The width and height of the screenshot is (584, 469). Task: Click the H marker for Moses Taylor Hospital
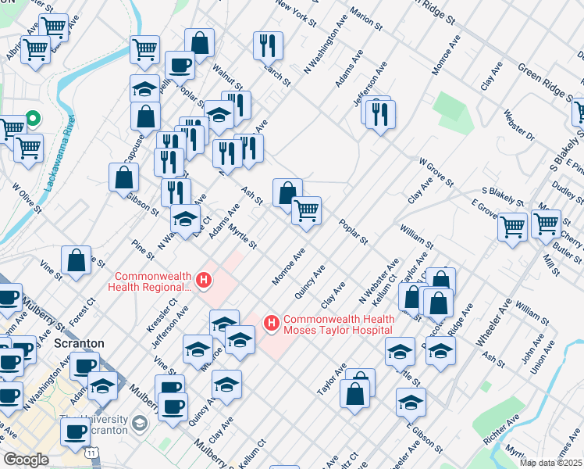click(272, 322)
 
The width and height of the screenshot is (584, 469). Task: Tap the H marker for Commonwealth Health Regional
click(204, 279)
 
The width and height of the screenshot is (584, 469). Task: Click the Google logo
click(26, 460)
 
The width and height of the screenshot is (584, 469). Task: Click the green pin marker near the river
click(33, 119)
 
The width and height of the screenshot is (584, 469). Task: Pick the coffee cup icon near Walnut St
click(180, 65)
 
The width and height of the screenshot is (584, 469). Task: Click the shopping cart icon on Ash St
click(306, 210)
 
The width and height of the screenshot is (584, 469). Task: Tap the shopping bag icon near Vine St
click(76, 262)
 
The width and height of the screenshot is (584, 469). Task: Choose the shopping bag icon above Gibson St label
click(123, 177)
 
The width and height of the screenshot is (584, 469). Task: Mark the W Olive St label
click(26, 197)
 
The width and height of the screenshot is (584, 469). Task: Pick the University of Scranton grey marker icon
click(140, 423)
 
